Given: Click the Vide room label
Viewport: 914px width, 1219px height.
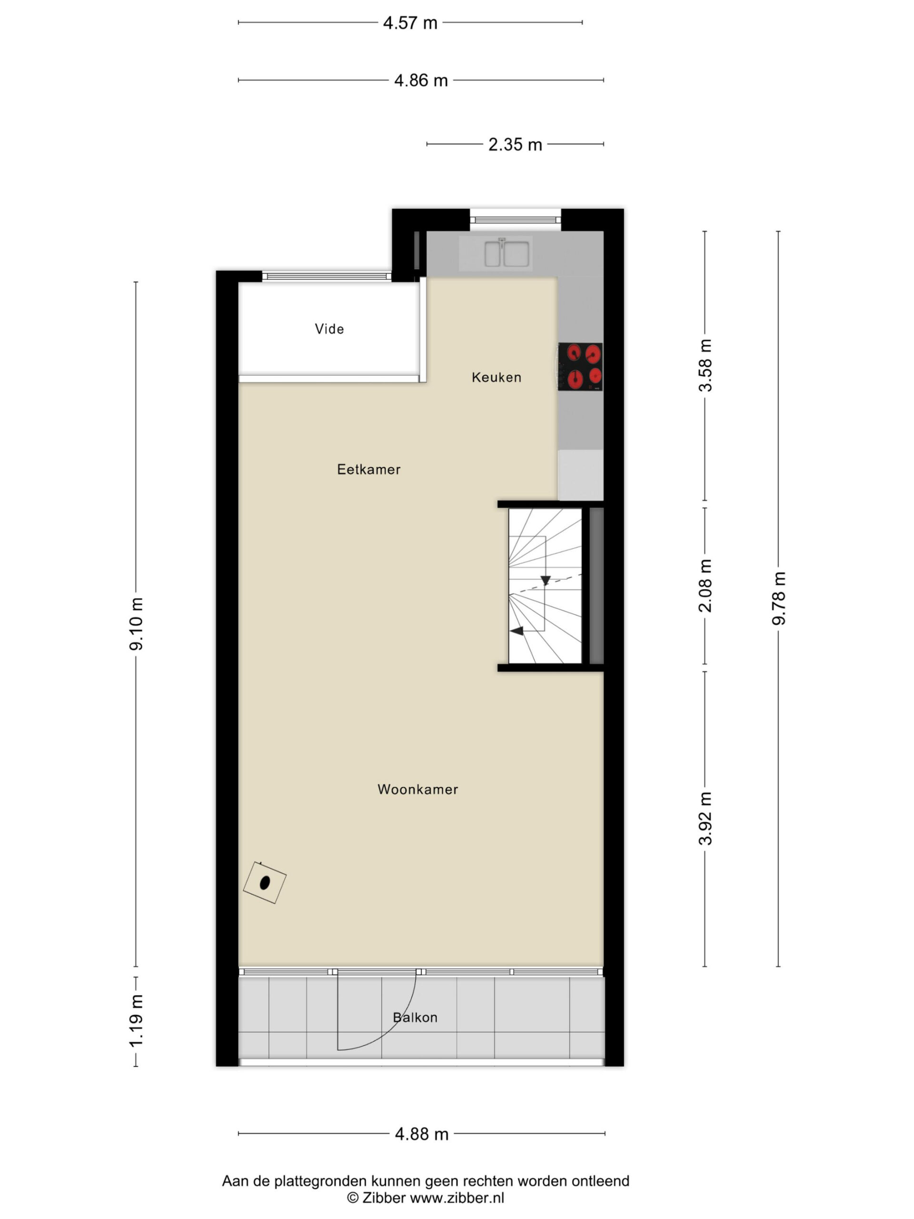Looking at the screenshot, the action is click(329, 329).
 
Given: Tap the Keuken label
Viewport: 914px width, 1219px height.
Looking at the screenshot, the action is click(496, 378).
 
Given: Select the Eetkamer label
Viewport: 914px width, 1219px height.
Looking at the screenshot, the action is click(368, 470).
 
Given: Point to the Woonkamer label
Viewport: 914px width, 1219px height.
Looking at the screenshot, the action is click(417, 789).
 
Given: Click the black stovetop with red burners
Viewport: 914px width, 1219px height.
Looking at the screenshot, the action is click(580, 367).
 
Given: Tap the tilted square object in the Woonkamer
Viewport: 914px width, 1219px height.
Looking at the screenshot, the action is click(265, 882).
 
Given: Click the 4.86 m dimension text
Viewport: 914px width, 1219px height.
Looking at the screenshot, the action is click(421, 80).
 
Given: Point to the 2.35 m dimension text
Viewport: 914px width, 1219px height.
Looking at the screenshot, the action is click(515, 144).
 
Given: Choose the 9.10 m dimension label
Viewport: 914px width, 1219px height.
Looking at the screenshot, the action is click(136, 623).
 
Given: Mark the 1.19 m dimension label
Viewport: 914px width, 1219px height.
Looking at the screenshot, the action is click(136, 1020).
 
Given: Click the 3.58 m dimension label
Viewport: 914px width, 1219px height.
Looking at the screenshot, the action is click(705, 365).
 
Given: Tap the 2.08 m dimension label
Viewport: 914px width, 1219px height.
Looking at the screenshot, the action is click(705, 585).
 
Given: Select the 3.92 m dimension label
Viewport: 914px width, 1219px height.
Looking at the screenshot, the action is click(705, 819).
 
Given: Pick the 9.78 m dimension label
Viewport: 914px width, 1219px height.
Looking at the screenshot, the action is click(778, 598).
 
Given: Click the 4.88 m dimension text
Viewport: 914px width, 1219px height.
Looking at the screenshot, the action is click(421, 1134).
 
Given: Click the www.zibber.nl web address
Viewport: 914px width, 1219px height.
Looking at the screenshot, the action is click(457, 1198).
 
